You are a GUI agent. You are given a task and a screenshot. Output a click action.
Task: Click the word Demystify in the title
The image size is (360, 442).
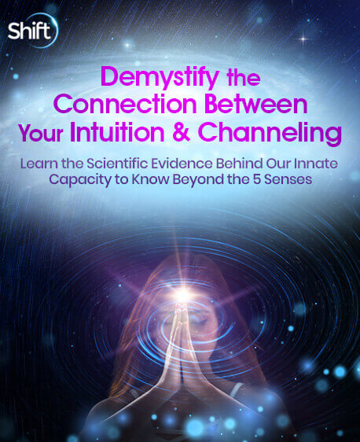(x=160, y=77)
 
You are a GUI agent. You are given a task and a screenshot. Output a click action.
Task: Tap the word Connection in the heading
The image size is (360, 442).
(x=124, y=105)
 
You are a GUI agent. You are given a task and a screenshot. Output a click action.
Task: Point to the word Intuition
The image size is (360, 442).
(x=117, y=132)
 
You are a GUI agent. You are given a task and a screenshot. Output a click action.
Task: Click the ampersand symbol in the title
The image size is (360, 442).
(x=182, y=132)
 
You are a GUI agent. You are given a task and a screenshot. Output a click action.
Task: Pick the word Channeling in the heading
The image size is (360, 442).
(x=270, y=134)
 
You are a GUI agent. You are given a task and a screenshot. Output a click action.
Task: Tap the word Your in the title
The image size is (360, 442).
(x=40, y=133)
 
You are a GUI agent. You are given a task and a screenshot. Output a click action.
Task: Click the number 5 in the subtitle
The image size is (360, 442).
(x=256, y=179)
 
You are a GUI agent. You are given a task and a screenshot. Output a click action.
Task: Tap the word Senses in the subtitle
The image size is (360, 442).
(x=288, y=179)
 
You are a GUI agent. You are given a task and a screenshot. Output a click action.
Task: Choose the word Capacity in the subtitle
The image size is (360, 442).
(x=80, y=180)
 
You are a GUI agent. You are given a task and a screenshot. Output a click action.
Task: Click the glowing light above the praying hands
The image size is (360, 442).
(x=184, y=295)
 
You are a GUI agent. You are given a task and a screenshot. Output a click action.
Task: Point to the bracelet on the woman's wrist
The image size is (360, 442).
(x=236, y=389)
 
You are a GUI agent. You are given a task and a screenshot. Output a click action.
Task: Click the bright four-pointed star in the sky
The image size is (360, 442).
(x=303, y=39)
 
